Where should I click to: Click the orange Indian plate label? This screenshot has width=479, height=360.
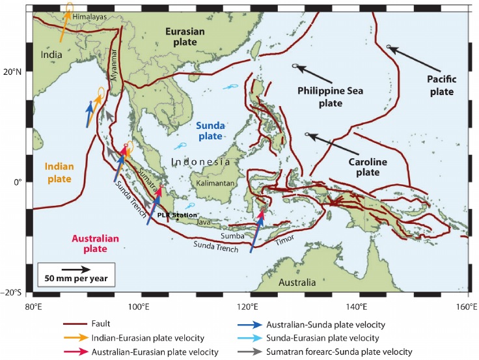[x=59, y=172]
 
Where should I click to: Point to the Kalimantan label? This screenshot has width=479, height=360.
[x=216, y=184]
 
